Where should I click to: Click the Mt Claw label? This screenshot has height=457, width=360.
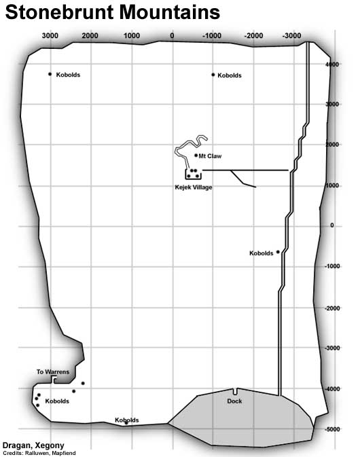pyautogui.click(x=210, y=156)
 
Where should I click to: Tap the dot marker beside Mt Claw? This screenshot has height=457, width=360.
pyautogui.click(x=196, y=156)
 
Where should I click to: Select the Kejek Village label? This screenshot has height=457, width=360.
pyautogui.click(x=194, y=187)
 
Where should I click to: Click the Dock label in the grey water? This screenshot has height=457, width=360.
pyautogui.click(x=234, y=401)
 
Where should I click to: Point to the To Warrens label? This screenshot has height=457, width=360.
pyautogui.click(x=53, y=372)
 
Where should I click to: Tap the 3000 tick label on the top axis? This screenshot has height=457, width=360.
pyautogui.click(x=50, y=36)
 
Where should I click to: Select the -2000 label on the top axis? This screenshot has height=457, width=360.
pyautogui.click(x=253, y=36)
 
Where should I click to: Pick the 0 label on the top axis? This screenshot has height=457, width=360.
pyautogui.click(x=173, y=36)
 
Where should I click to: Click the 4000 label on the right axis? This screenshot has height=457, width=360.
pyautogui.click(x=332, y=65)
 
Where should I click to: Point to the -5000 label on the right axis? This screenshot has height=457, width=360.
pyautogui.click(x=332, y=429)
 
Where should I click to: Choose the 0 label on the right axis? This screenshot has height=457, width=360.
pyautogui.click(x=332, y=225)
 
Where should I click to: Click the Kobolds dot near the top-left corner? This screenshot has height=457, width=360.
pyautogui.click(x=50, y=74)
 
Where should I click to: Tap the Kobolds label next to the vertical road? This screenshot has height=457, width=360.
pyautogui.click(x=262, y=253)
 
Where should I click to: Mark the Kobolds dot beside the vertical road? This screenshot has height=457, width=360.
pyautogui.click(x=278, y=252)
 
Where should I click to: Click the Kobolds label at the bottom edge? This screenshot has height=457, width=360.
pyautogui.click(x=127, y=420)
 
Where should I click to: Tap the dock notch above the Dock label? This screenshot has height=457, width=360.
pyautogui.click(x=235, y=391)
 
